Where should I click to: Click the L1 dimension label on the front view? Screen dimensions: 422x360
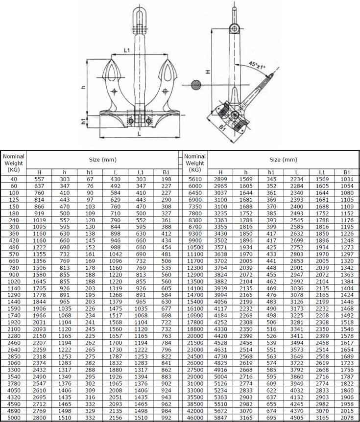[127, 50]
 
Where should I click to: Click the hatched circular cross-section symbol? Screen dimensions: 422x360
[196, 85]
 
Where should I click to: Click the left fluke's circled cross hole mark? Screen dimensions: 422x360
[114, 91]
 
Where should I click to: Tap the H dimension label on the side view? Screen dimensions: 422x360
[208, 71]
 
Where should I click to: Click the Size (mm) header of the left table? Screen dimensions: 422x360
[102, 160]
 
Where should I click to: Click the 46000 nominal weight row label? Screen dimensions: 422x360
[195, 418]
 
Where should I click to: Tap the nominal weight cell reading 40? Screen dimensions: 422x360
[13, 179]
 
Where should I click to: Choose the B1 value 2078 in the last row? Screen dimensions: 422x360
[347, 418]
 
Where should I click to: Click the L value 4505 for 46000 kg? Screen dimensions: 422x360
[297, 418]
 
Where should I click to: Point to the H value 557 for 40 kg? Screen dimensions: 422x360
[40, 179]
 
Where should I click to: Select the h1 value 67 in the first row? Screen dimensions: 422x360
[90, 179]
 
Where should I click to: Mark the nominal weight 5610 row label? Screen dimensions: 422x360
[195, 179]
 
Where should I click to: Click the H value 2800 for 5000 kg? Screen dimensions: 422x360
[40, 418]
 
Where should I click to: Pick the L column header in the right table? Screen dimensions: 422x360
[297, 172]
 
